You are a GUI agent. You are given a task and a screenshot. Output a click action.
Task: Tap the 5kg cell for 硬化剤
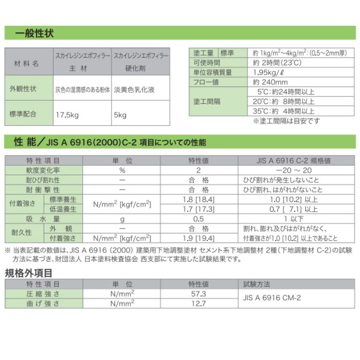(x=120, y=114)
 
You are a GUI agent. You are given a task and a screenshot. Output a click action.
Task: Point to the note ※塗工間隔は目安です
(x=287, y=121)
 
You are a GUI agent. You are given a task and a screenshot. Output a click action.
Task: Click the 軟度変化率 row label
(x=43, y=170)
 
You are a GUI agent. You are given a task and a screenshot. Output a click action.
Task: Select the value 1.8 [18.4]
(x=198, y=199)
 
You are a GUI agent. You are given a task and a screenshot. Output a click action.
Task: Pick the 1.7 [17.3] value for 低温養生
(x=198, y=208)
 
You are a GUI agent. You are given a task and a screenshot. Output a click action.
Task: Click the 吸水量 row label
(x=43, y=218)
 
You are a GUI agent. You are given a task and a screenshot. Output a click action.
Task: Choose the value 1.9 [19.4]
(x=198, y=238)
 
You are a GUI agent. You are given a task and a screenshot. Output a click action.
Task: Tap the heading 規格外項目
(x=28, y=273)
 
